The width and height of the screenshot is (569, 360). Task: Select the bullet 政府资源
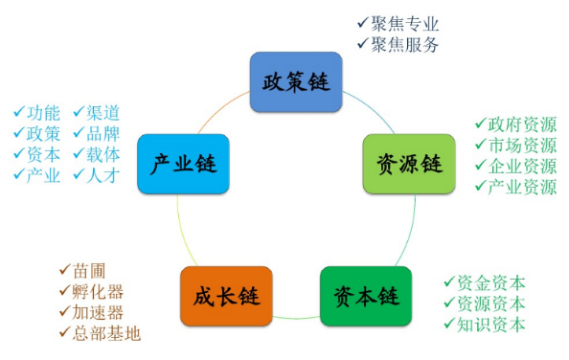click(521, 125)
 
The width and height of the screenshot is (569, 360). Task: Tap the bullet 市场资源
click(521, 146)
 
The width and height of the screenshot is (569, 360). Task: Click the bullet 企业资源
click(521, 166)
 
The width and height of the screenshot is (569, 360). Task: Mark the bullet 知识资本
click(490, 324)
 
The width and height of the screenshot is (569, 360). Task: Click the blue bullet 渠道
click(102, 112)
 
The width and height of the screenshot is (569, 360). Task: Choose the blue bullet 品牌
click(102, 133)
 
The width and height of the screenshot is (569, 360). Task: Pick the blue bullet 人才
click(102, 174)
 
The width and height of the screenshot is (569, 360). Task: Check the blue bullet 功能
click(43, 112)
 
